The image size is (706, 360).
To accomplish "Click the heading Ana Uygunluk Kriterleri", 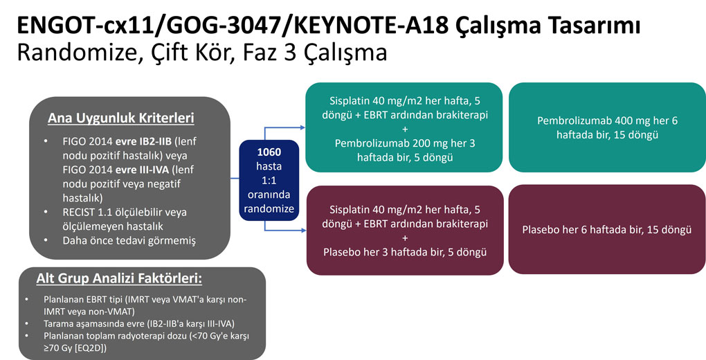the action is pos(120,118).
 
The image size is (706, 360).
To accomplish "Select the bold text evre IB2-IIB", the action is pos(143,141).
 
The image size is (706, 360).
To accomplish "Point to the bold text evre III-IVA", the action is pos(143,170).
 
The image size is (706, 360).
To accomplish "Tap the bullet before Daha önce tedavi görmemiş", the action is pos(46,241).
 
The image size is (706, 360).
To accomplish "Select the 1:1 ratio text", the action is pos(269,180).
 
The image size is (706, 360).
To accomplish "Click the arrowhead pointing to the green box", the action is pos(302,127).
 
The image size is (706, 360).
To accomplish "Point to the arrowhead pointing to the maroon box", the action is pos(302,231).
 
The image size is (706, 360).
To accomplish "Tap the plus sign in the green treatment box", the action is pos(404,129).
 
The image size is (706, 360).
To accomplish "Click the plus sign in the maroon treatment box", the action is pos(404,238).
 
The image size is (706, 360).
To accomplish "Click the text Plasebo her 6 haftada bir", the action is pos(581,229).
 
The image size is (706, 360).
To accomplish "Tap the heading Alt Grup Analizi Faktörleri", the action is pos(119,279).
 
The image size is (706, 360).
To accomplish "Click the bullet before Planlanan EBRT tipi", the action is pos(28,299).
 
